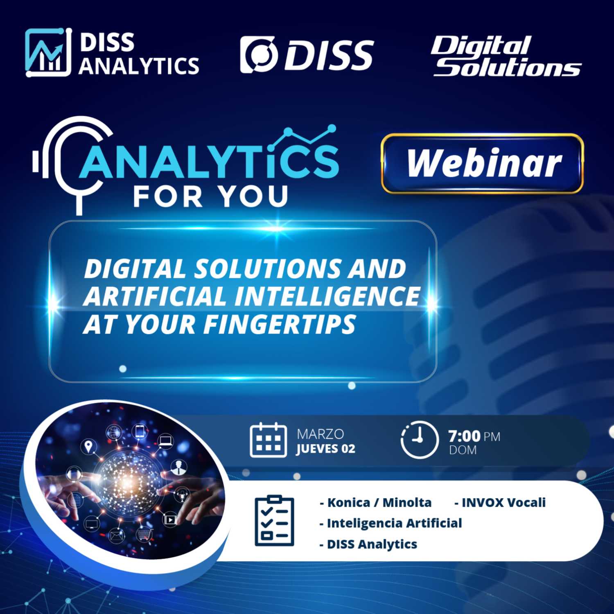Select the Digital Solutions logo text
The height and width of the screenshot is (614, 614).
(x=506, y=56)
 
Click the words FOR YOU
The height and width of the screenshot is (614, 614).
(x=211, y=196)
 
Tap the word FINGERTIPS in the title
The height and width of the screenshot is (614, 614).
(x=280, y=324)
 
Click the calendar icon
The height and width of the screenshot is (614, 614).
(x=268, y=440)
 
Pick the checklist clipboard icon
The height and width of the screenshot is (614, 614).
(x=274, y=520)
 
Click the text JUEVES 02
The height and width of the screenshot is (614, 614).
(x=326, y=449)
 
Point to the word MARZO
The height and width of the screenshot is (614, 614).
(x=321, y=434)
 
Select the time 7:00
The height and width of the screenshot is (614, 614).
(x=464, y=436)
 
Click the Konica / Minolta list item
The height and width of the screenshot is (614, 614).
(x=375, y=502)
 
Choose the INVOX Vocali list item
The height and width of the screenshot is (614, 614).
(x=500, y=502)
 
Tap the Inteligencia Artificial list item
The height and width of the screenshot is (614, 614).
(x=391, y=523)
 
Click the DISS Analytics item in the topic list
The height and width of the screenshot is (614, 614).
(x=368, y=544)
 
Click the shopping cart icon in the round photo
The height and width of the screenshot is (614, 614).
(x=144, y=534)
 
